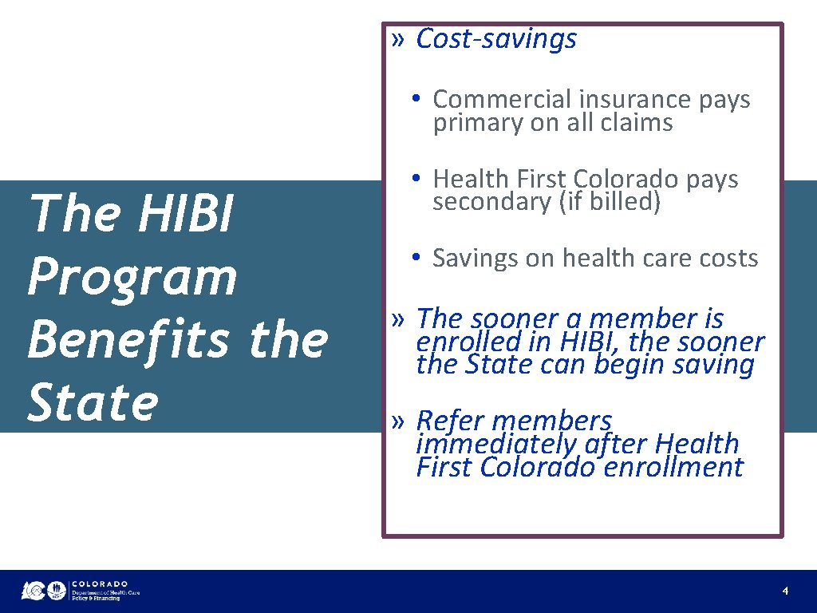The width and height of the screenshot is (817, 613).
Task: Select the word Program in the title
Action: [x=132, y=277]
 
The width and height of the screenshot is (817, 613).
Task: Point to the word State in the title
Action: [x=93, y=402]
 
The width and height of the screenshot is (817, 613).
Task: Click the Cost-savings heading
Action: [x=496, y=38]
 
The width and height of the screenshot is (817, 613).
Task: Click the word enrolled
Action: [x=463, y=342]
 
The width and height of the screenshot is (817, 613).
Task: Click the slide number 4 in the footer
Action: [x=785, y=591]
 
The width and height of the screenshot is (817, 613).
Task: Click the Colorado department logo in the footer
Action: [x=80, y=590]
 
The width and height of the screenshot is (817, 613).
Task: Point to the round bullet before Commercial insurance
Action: [x=416, y=99]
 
